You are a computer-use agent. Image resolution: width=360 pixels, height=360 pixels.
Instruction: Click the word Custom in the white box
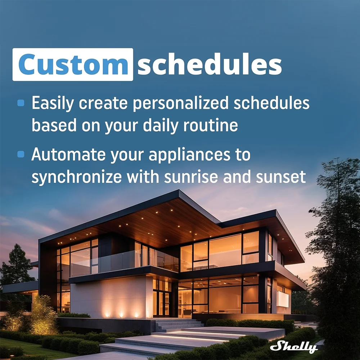point(73,64)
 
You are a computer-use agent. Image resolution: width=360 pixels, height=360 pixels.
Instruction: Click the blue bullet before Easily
point(21,103)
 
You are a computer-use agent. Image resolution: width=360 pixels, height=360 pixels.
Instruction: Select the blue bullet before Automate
point(21,154)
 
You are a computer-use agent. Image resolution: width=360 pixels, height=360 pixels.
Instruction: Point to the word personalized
point(181,104)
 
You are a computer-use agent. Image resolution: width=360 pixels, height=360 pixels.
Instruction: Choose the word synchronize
point(77,177)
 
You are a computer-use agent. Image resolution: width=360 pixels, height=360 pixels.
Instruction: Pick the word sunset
point(281,177)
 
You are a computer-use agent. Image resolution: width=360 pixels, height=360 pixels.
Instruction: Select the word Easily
point(53,104)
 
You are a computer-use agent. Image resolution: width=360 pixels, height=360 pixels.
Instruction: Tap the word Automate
point(68,154)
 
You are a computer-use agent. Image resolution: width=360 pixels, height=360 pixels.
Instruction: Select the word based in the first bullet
point(54,125)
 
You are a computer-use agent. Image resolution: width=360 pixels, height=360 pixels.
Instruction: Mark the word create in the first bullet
point(103,104)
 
